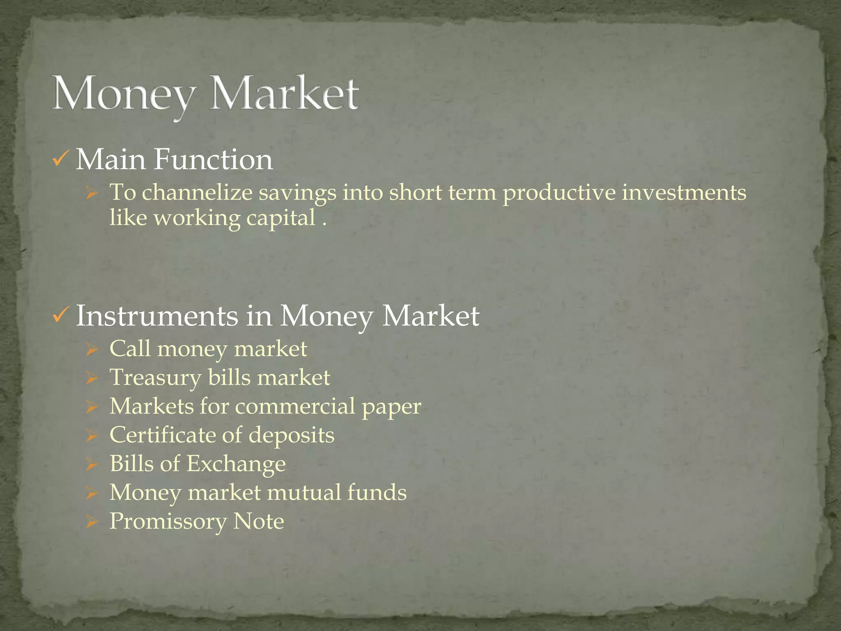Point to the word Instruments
tap(157, 316)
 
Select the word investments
tap(684, 192)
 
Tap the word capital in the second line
tap(281, 218)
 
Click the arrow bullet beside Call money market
tap(92, 350)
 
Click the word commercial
tap(295, 406)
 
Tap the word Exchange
tap(236, 464)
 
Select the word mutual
tap(303, 493)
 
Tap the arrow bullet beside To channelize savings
tap(92, 193)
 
